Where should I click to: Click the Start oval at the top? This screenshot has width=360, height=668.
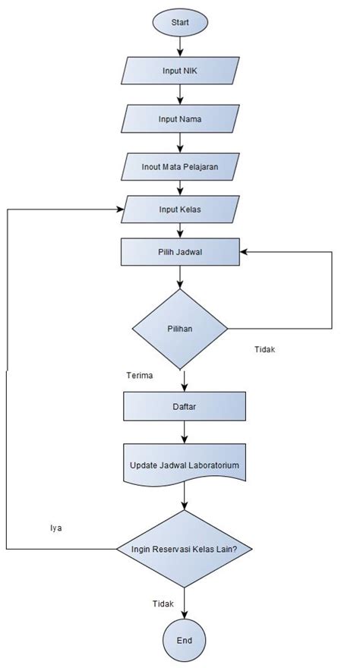pos(180,22)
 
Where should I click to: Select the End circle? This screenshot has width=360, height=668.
pos(185,641)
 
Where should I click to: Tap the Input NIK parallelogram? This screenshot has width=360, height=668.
pos(180,71)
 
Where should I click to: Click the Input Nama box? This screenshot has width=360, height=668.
pos(180,118)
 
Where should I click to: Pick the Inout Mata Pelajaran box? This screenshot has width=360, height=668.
pos(180,165)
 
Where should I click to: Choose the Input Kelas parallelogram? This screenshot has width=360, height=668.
pos(180,209)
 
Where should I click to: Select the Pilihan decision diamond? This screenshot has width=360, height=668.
pos(180,329)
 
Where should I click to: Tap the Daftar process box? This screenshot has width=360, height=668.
pos(185,406)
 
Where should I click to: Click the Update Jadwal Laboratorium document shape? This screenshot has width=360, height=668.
pos(185,463)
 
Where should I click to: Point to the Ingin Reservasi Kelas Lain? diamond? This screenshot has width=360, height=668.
pos(185,547)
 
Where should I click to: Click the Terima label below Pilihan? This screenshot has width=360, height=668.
pos(141,375)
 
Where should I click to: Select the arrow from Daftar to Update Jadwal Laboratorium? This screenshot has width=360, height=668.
pos(185,433)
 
